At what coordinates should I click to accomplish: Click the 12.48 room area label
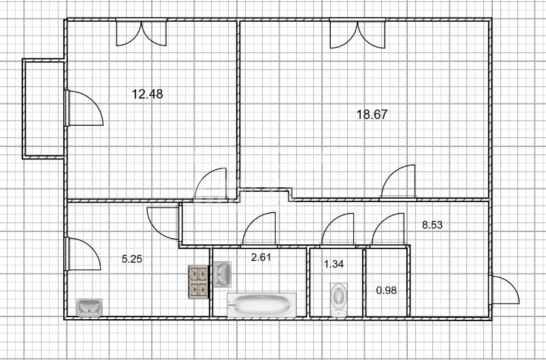point(147,94)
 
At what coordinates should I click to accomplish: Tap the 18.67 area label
point(372,114)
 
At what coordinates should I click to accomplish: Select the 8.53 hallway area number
point(432,225)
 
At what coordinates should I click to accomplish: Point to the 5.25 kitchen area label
point(131,259)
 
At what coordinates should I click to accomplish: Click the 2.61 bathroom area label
point(261,257)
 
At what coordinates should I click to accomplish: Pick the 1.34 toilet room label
point(334,264)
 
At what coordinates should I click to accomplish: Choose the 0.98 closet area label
point(386,290)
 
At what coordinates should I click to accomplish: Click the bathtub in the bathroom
point(261,305)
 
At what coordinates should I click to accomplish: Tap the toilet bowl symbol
point(339,299)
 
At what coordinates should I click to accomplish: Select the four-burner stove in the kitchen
point(199,282)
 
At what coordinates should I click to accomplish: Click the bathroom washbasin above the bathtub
point(222,274)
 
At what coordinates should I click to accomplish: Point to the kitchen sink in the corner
point(89,308)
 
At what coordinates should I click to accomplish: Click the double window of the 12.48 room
point(142,33)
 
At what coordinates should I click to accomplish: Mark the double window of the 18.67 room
point(357,34)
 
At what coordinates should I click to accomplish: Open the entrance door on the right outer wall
point(505,290)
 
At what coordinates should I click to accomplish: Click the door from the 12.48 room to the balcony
point(84,108)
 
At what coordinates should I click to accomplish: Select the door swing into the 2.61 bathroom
point(259,229)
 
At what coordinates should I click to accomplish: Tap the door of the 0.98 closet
point(388,229)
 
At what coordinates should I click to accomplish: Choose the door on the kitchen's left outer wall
point(83,254)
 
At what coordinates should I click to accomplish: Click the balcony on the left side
point(44,109)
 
